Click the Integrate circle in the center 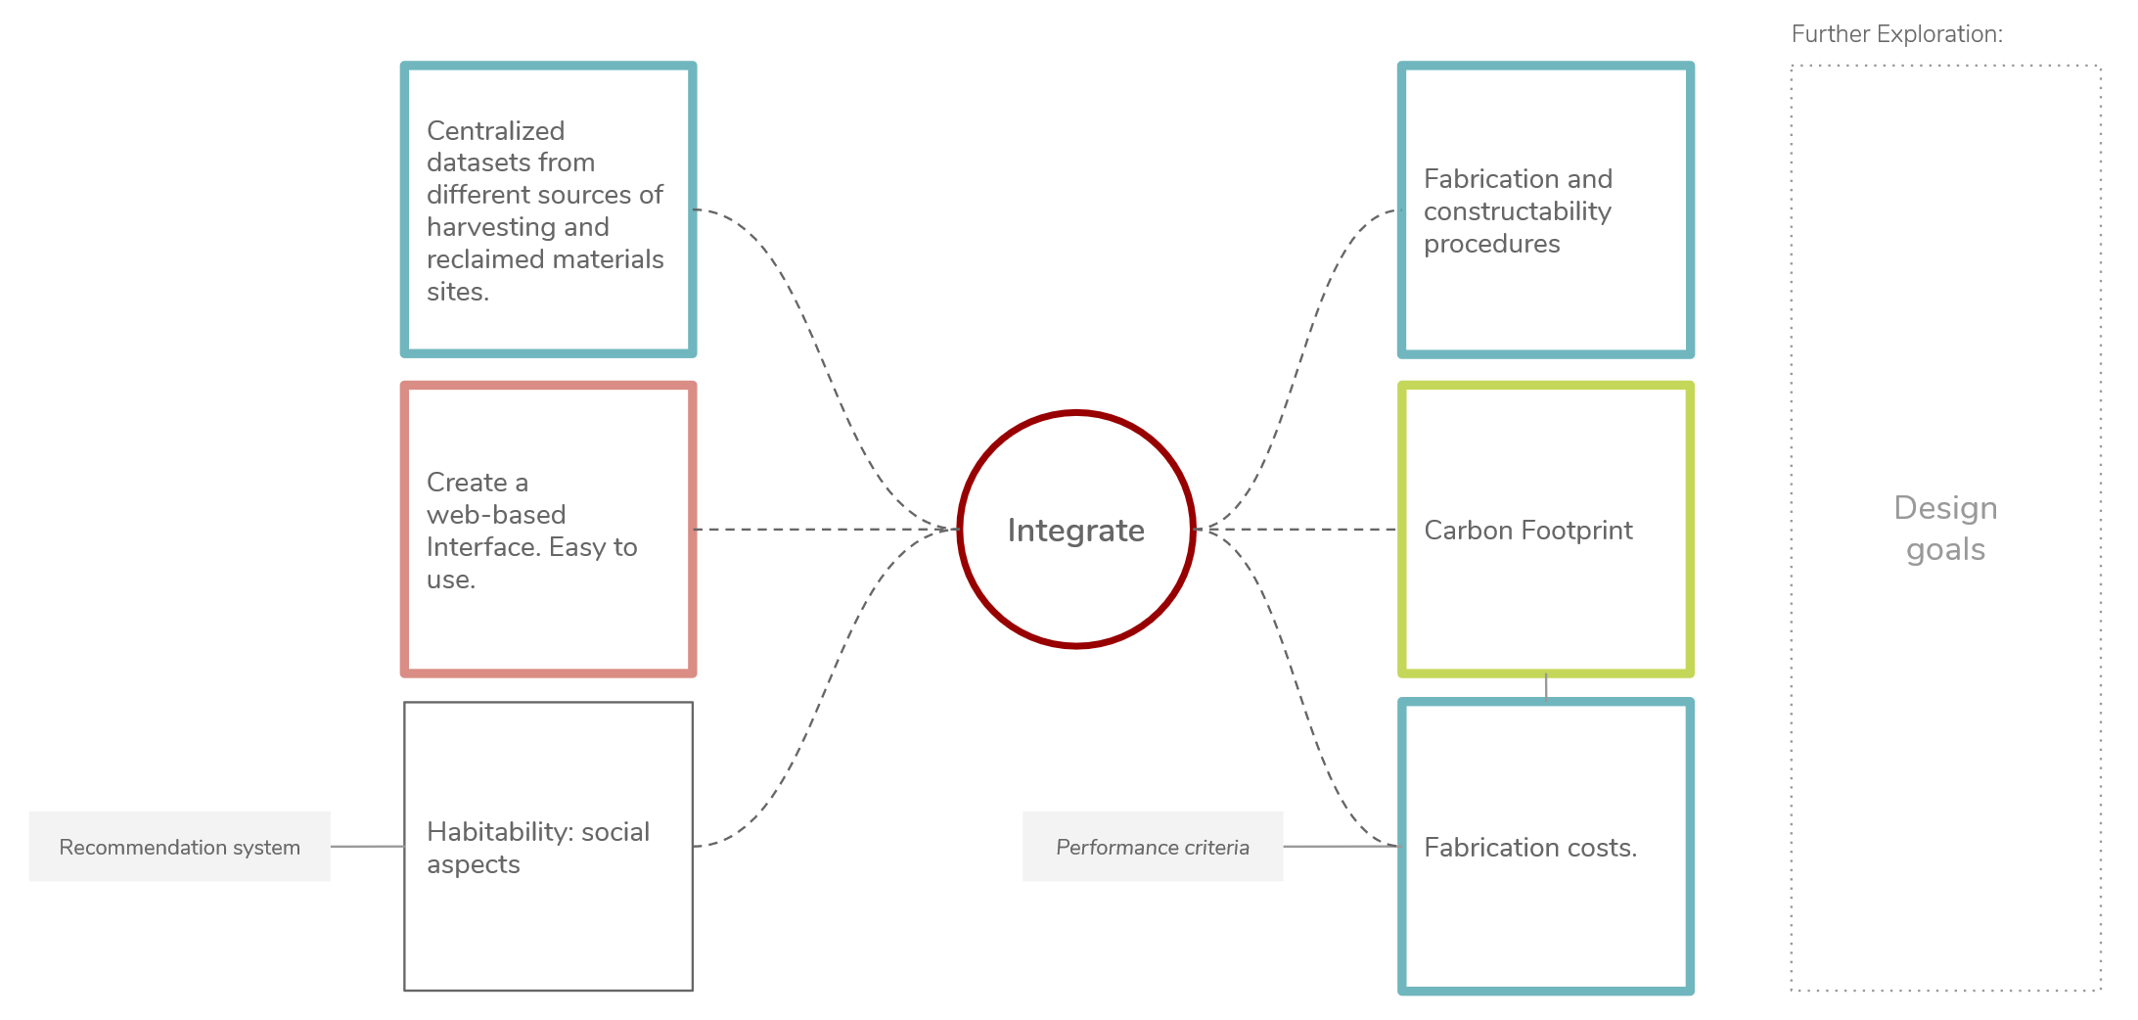(x=1075, y=530)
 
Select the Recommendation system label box (x=179, y=847)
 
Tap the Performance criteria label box (x=1152, y=847)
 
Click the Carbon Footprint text (x=1527, y=531)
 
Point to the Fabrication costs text (x=1529, y=848)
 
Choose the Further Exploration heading (x=1896, y=34)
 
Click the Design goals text (x=1945, y=529)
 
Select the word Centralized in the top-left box (x=495, y=131)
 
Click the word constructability (x=1517, y=211)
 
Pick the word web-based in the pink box (x=496, y=515)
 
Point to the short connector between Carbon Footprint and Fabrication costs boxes (x=1546, y=686)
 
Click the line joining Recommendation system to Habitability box (x=367, y=847)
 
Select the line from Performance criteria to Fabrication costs (x=1341, y=847)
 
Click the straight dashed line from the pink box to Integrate (x=822, y=530)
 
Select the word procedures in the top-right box (x=1491, y=244)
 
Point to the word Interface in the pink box (x=483, y=547)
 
